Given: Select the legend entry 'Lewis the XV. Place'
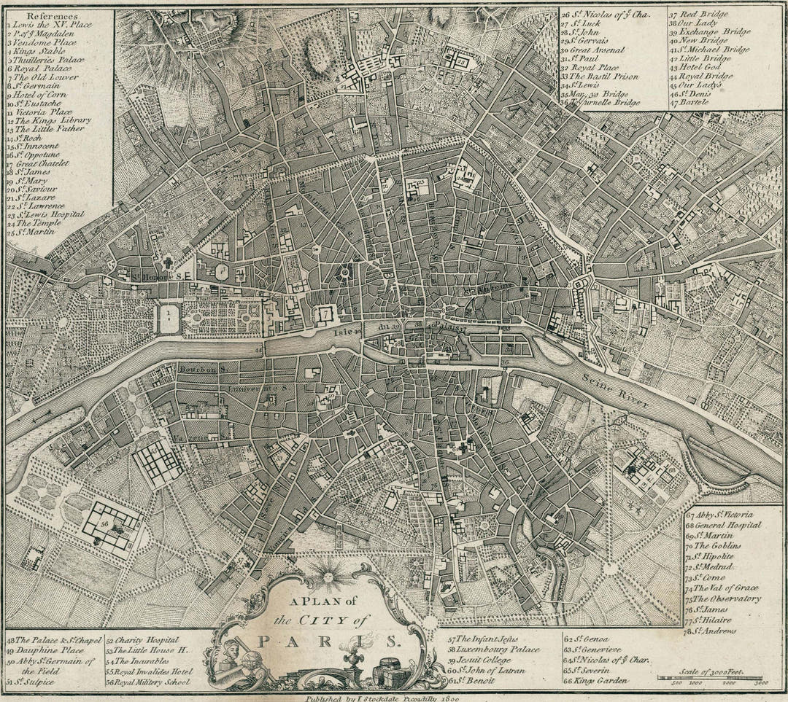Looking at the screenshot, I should point(50,24).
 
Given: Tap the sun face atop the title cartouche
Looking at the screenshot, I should point(328,577).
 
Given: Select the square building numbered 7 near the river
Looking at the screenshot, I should point(323,315).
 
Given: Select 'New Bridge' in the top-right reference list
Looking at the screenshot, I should point(705,41).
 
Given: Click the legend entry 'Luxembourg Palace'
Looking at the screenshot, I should point(498,649).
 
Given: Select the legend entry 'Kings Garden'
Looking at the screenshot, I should point(597,680).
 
